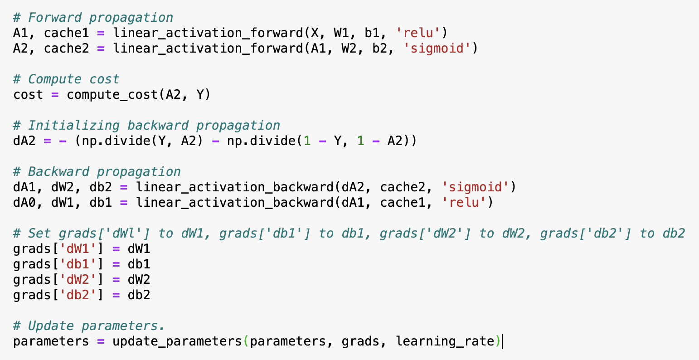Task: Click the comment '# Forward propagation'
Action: tap(93, 18)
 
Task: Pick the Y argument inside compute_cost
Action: tap(200, 95)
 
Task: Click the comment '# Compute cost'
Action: tap(66, 79)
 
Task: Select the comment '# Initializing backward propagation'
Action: tap(146, 126)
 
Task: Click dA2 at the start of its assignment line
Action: tap(24, 141)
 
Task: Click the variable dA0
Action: tap(24, 202)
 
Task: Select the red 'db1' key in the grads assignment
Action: tap(78, 264)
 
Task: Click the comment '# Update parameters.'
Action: tap(89, 326)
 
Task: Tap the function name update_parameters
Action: tap(177, 341)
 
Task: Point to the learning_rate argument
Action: tap(445, 341)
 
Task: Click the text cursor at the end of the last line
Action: tap(503, 341)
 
